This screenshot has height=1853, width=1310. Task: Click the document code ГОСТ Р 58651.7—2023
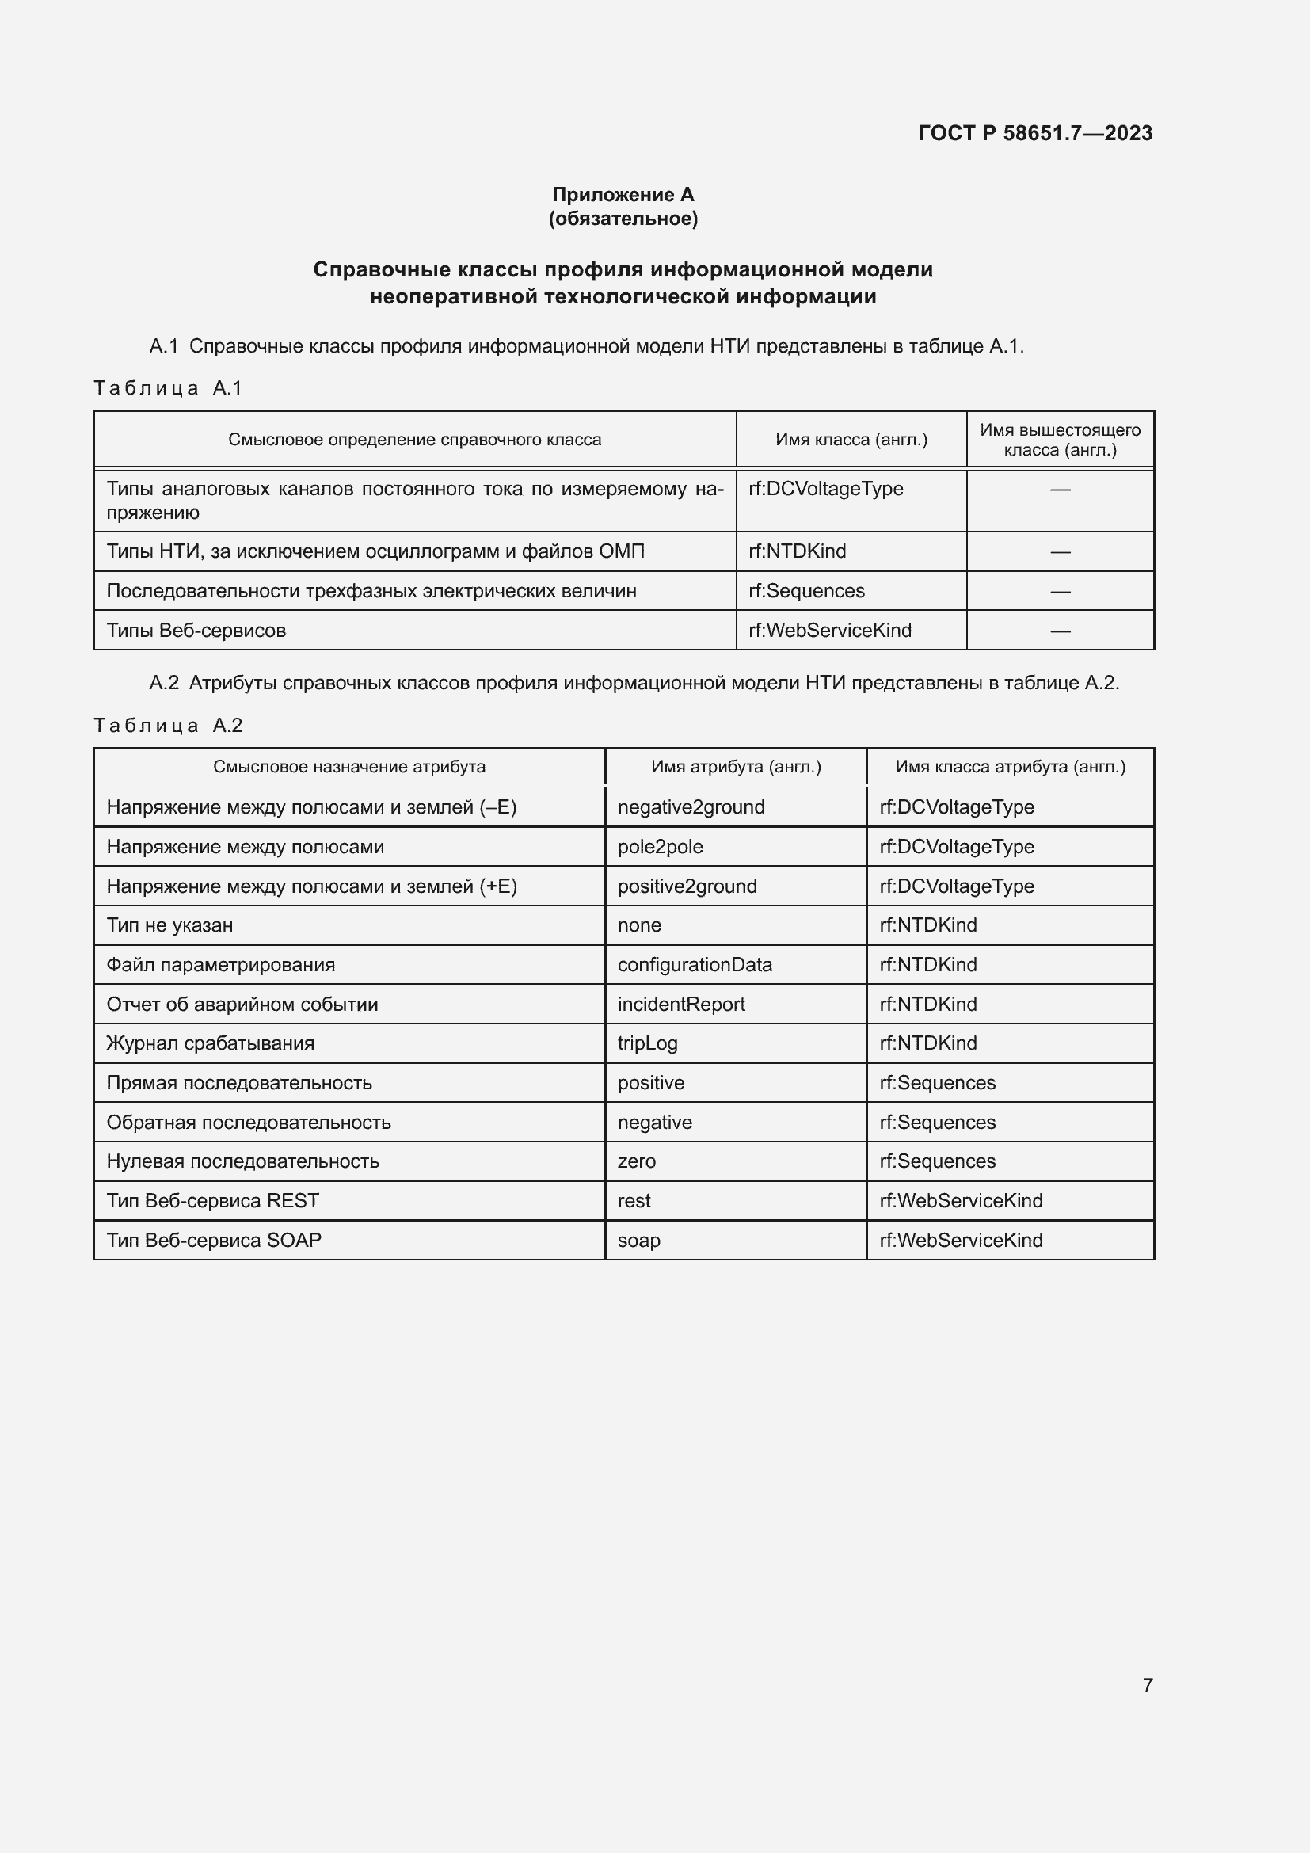1035,133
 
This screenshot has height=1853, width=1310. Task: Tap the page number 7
1147,1684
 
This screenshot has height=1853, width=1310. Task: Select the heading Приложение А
623,195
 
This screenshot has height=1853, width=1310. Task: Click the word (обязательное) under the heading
623,219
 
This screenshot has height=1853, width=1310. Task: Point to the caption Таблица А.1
168,388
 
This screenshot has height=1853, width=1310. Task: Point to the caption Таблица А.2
168,726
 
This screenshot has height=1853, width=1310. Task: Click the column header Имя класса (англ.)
851,440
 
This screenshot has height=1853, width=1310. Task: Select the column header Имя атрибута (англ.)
736,767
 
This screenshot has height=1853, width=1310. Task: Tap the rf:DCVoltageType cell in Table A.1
825,489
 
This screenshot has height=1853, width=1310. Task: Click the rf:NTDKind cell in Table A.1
797,551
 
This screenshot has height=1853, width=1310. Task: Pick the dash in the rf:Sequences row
1060,592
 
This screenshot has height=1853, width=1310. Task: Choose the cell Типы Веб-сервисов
196,631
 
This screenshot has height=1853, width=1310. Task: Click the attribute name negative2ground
691,807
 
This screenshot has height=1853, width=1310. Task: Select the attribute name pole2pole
660,847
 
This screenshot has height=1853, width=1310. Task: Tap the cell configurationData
695,964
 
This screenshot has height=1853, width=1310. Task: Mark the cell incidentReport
681,1004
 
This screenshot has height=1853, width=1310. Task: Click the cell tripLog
647,1043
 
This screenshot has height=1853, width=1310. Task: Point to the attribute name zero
637,1161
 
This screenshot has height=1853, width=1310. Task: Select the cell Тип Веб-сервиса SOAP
214,1240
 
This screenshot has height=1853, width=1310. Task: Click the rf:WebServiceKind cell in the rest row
961,1201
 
